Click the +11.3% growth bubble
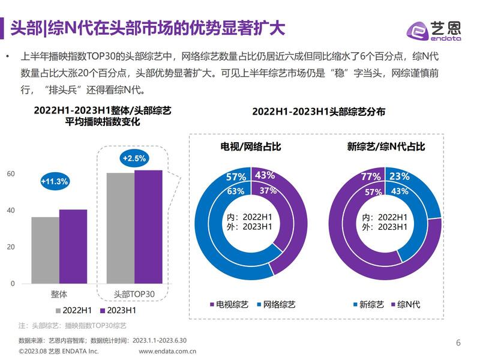pos(55,181)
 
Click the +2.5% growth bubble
pos(134,158)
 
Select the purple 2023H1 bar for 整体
pos(73,247)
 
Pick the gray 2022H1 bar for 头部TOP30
pos(120,228)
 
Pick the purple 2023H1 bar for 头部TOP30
pos(148,227)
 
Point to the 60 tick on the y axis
pos(10,174)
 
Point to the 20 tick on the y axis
pos(10,247)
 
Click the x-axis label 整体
pos(59,295)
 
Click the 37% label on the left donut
pos(268,191)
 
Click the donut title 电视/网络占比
pos(250,146)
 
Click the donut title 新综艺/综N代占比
pos(386,146)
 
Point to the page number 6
pos(458,343)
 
